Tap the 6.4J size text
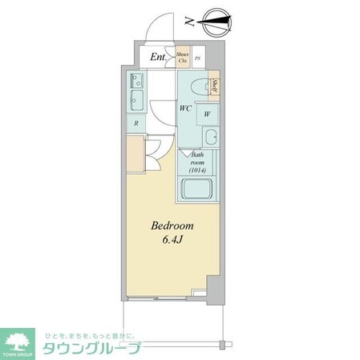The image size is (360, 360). pyautogui.click(x=172, y=241)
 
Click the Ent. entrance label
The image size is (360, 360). pyautogui.click(x=158, y=58)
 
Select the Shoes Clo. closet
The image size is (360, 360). pyautogui.click(x=183, y=57)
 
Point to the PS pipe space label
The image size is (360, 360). pyautogui.click(x=197, y=58)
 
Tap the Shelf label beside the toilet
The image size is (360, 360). pyautogui.click(x=214, y=87)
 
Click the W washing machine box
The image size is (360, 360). pyautogui.click(x=207, y=113)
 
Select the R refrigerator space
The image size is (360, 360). pyautogui.click(x=136, y=123)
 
